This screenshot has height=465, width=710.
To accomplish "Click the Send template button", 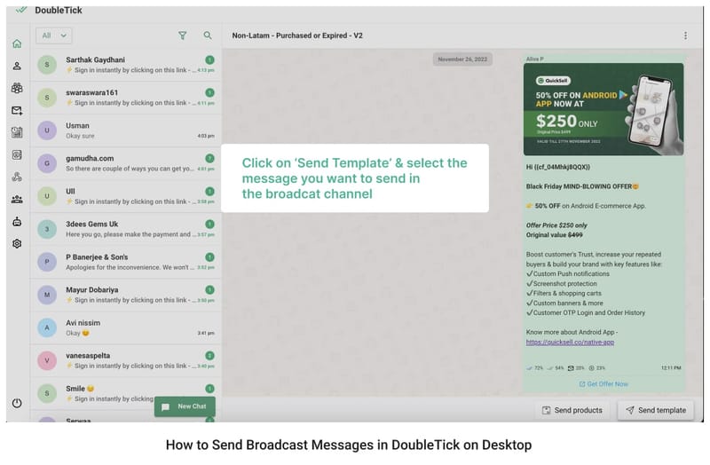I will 655,410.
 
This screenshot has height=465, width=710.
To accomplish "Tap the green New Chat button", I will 185,406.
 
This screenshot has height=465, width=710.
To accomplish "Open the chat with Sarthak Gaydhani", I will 124,64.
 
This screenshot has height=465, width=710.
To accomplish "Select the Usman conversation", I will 124,130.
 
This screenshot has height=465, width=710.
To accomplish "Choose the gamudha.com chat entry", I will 124,163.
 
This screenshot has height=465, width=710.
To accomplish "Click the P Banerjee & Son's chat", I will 124,261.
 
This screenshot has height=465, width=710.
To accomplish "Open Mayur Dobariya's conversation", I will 124,294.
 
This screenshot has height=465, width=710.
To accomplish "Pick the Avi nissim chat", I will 124,327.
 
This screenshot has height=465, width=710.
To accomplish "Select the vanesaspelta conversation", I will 124,360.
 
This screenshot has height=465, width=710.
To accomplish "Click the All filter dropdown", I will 53,35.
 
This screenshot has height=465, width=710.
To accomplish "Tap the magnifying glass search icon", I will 208,35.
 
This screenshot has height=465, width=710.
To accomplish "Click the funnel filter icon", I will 183,35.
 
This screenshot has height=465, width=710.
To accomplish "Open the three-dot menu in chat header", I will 685,35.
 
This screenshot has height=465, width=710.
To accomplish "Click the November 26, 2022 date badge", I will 462,59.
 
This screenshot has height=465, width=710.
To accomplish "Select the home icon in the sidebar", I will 17,43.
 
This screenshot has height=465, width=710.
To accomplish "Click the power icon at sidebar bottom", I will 17,403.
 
